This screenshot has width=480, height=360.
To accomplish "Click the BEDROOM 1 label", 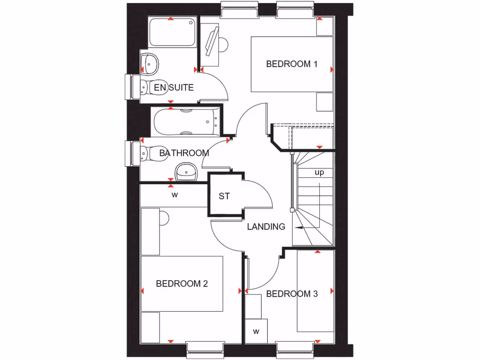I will click(x=292, y=64).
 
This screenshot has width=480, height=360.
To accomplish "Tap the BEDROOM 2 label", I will click(x=182, y=284).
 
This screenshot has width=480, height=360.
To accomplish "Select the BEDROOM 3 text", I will click(x=292, y=294).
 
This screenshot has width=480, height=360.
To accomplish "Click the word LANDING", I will click(x=266, y=227).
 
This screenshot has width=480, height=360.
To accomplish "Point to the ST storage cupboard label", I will click(x=225, y=196).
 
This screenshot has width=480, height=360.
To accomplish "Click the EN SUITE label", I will click(x=173, y=87).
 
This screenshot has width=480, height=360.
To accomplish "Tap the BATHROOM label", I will click(x=184, y=153).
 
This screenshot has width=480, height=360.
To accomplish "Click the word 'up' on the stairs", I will click(x=319, y=172).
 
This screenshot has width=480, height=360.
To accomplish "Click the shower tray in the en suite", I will click(x=172, y=32).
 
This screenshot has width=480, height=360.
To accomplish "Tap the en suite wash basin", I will click(x=150, y=63).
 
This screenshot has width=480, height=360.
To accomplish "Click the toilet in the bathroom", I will click(x=151, y=152).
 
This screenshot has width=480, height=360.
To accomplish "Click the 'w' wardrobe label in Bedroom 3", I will click(x=256, y=331).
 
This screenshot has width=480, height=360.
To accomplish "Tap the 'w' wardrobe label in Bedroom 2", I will click(x=174, y=195).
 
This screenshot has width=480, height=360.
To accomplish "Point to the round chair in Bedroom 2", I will click(x=163, y=217).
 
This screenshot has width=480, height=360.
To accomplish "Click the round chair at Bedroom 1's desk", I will click(x=223, y=45).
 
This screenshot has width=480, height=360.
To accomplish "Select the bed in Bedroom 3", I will click(x=315, y=291).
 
